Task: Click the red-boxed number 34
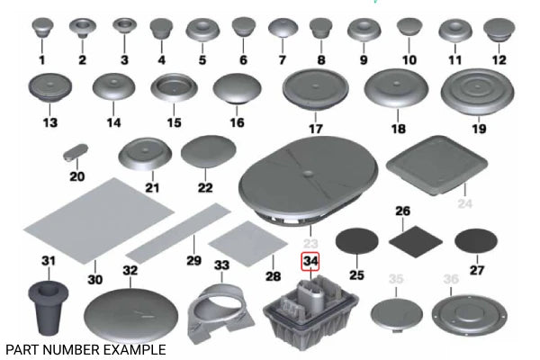(x=310, y=263)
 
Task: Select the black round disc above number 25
(x=357, y=241)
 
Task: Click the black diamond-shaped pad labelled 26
(x=416, y=240)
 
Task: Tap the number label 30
(x=94, y=279)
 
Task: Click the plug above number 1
(x=41, y=30)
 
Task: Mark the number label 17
(x=315, y=129)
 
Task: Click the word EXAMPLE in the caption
(x=137, y=347)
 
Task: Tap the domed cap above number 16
(x=237, y=91)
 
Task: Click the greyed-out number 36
(x=450, y=279)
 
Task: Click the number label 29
(x=191, y=260)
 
